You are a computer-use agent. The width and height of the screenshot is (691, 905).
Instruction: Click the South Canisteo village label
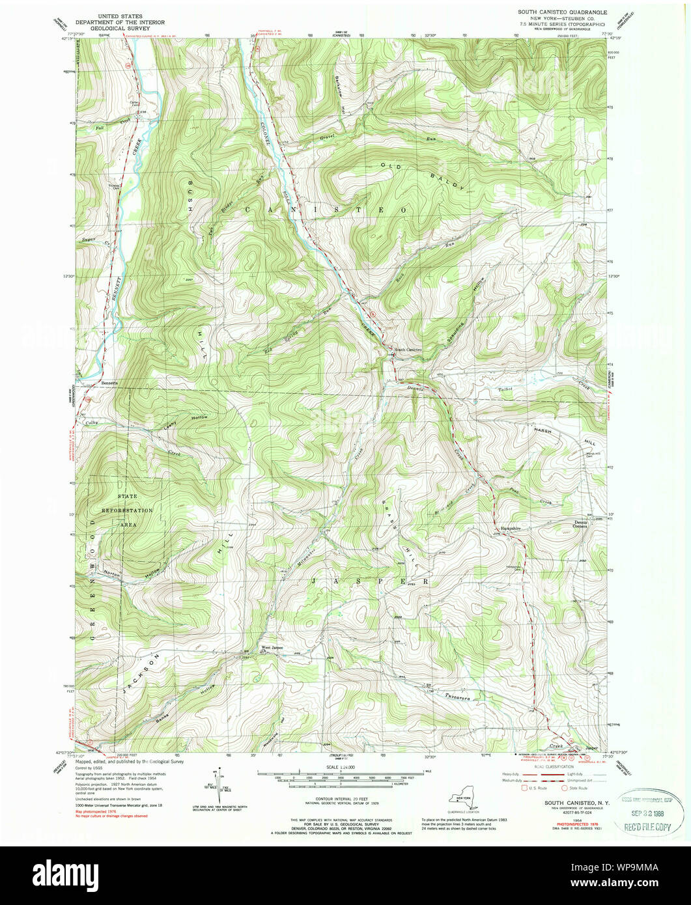[409, 350]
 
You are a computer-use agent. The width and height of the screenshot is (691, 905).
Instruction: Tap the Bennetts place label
[109, 383]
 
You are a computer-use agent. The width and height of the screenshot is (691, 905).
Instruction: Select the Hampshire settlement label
[512, 529]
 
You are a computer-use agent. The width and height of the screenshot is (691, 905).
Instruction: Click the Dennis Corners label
[580, 524]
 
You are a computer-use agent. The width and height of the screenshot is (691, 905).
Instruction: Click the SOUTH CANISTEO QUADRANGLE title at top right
[562, 12]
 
